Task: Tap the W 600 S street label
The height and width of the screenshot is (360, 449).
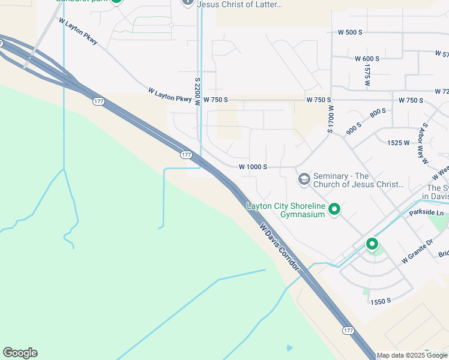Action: tap(367, 59)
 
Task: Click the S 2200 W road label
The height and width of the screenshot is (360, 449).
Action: tap(197, 91)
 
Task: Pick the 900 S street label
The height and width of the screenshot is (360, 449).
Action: tap(354, 127)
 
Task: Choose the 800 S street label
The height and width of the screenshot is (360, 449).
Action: tap(378, 112)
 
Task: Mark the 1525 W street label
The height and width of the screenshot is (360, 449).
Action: tap(398, 143)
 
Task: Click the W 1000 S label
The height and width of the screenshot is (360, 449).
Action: tap(253, 167)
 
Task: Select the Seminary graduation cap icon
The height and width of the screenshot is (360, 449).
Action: tap(304, 179)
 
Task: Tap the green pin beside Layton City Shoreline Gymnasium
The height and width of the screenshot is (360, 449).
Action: tap(335, 209)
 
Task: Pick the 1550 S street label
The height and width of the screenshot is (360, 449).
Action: tap(381, 300)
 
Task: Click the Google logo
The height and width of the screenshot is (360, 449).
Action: tap(20, 353)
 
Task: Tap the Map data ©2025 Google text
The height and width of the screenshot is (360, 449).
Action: tap(412, 355)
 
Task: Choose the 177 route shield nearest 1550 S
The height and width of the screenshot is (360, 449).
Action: tap(349, 331)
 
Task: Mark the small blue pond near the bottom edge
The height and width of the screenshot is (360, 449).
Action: tap(290, 348)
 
